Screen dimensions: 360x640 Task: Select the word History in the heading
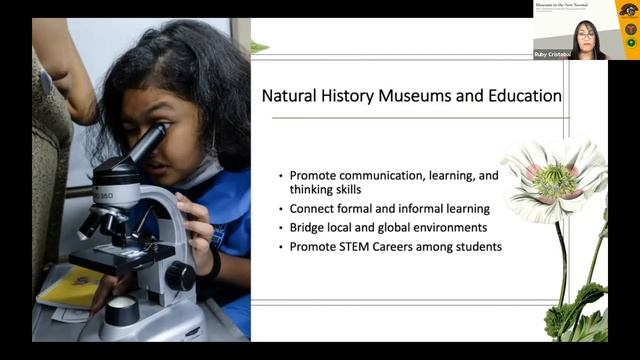point(347,97)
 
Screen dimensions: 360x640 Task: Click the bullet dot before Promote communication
point(281,175)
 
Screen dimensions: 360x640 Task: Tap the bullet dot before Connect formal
point(281,210)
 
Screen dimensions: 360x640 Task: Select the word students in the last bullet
point(476,246)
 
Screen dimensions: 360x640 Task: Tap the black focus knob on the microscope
point(181,276)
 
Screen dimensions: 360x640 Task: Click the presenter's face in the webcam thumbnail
point(586,32)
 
